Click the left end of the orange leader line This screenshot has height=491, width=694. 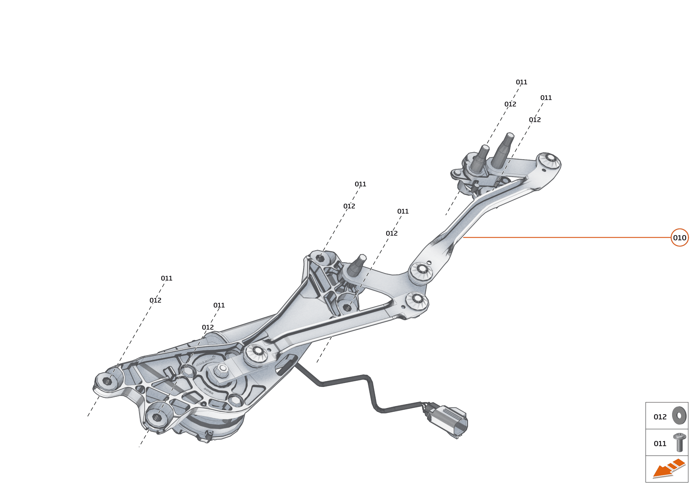click(x=463, y=237)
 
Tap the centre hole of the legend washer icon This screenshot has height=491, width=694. click(x=679, y=416)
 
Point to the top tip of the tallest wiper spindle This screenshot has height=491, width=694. click(x=511, y=134)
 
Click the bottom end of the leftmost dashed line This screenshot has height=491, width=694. click(x=88, y=416)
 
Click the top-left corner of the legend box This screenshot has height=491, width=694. click(x=646, y=402)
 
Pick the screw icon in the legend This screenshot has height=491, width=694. click(x=680, y=442)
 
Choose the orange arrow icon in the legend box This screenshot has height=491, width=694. click(x=669, y=469)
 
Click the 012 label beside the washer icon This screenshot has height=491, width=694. click(x=660, y=417)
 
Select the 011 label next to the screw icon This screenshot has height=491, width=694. click(x=660, y=444)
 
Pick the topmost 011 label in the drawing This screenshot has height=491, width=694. click(x=522, y=82)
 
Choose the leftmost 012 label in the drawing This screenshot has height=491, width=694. click(x=155, y=300)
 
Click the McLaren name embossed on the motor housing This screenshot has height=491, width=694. click(x=206, y=361)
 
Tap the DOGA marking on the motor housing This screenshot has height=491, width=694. click(x=209, y=391)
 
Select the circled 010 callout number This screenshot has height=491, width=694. click(x=680, y=238)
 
